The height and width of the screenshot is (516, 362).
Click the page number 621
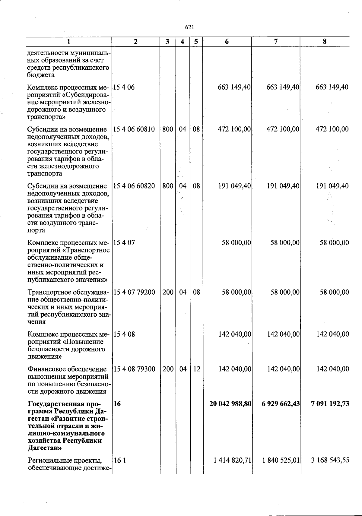tap(189, 27)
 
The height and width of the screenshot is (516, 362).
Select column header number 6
tap(227, 42)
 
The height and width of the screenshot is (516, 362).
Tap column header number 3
tap(167, 42)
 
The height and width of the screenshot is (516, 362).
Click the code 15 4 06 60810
tap(134, 129)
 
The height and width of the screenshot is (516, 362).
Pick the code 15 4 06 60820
tap(134, 186)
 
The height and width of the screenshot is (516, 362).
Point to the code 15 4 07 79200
tap(134, 292)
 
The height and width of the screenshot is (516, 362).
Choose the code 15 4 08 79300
tap(134, 369)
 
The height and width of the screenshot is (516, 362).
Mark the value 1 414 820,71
tap(232, 461)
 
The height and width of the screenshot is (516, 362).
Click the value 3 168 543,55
tap(331, 461)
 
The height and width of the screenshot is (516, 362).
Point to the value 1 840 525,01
tap(281, 461)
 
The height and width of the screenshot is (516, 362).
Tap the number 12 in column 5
tap(196, 369)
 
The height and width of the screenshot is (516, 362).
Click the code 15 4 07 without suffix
tap(124, 243)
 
